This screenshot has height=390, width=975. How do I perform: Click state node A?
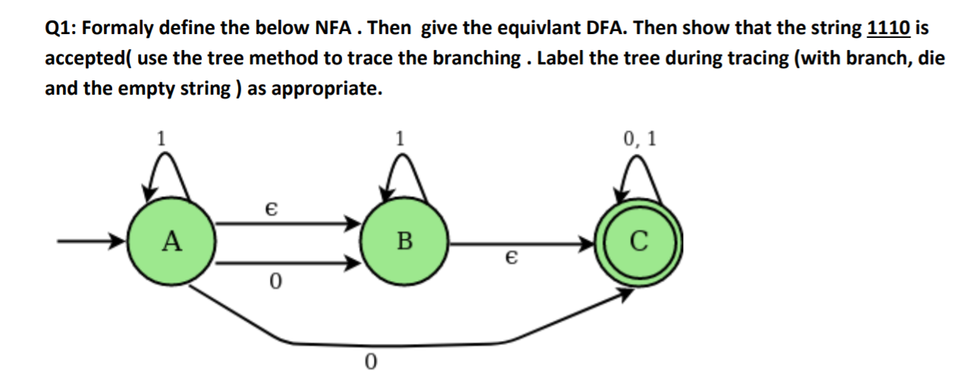(x=171, y=242)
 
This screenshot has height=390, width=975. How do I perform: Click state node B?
(x=405, y=242)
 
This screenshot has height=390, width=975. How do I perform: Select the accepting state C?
(x=639, y=242)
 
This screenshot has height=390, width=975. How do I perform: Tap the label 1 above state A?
(x=160, y=138)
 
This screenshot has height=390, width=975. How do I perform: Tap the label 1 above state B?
(x=400, y=138)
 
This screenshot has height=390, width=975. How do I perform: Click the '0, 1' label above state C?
(x=639, y=139)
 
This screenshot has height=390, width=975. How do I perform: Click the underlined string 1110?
(x=888, y=29)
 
